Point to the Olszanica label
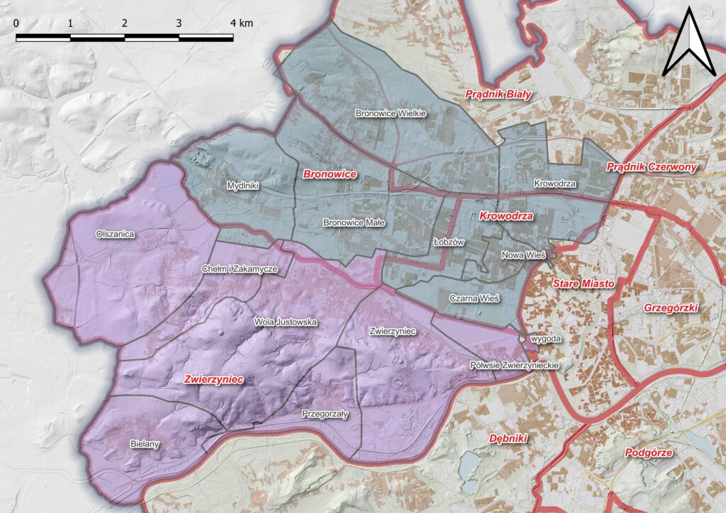coord(115,233)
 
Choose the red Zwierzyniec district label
coord(213,380)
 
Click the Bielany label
coord(146,444)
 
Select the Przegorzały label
coord(325,414)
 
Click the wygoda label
coord(547,339)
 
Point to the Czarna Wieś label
coord(474,299)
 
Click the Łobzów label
coord(448,242)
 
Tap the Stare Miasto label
coord(583,283)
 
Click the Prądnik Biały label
coord(498,94)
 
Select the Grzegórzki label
coord(672,308)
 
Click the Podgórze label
coord(649,453)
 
